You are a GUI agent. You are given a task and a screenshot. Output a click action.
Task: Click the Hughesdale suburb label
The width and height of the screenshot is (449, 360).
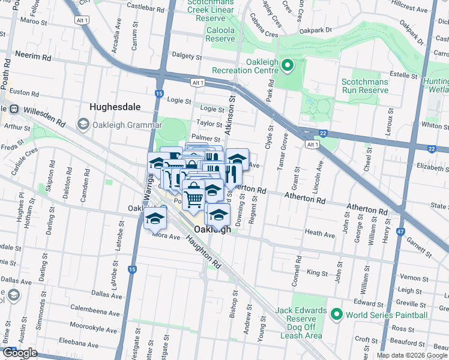tap(115, 107)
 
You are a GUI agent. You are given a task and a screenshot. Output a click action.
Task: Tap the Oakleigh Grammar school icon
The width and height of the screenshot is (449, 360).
tap(83, 124)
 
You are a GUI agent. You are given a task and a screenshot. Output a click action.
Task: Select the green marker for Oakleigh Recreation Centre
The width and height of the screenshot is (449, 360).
tap(287, 65)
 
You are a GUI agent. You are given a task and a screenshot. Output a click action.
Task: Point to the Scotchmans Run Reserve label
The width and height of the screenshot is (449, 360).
tap(365, 86)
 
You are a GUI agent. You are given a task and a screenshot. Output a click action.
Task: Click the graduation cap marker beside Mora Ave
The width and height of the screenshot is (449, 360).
tap(155, 218)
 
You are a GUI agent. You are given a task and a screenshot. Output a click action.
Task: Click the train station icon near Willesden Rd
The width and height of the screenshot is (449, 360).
tap(13, 110)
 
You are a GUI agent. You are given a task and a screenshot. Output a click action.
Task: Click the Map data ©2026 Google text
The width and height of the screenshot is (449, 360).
tap(412, 355)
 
